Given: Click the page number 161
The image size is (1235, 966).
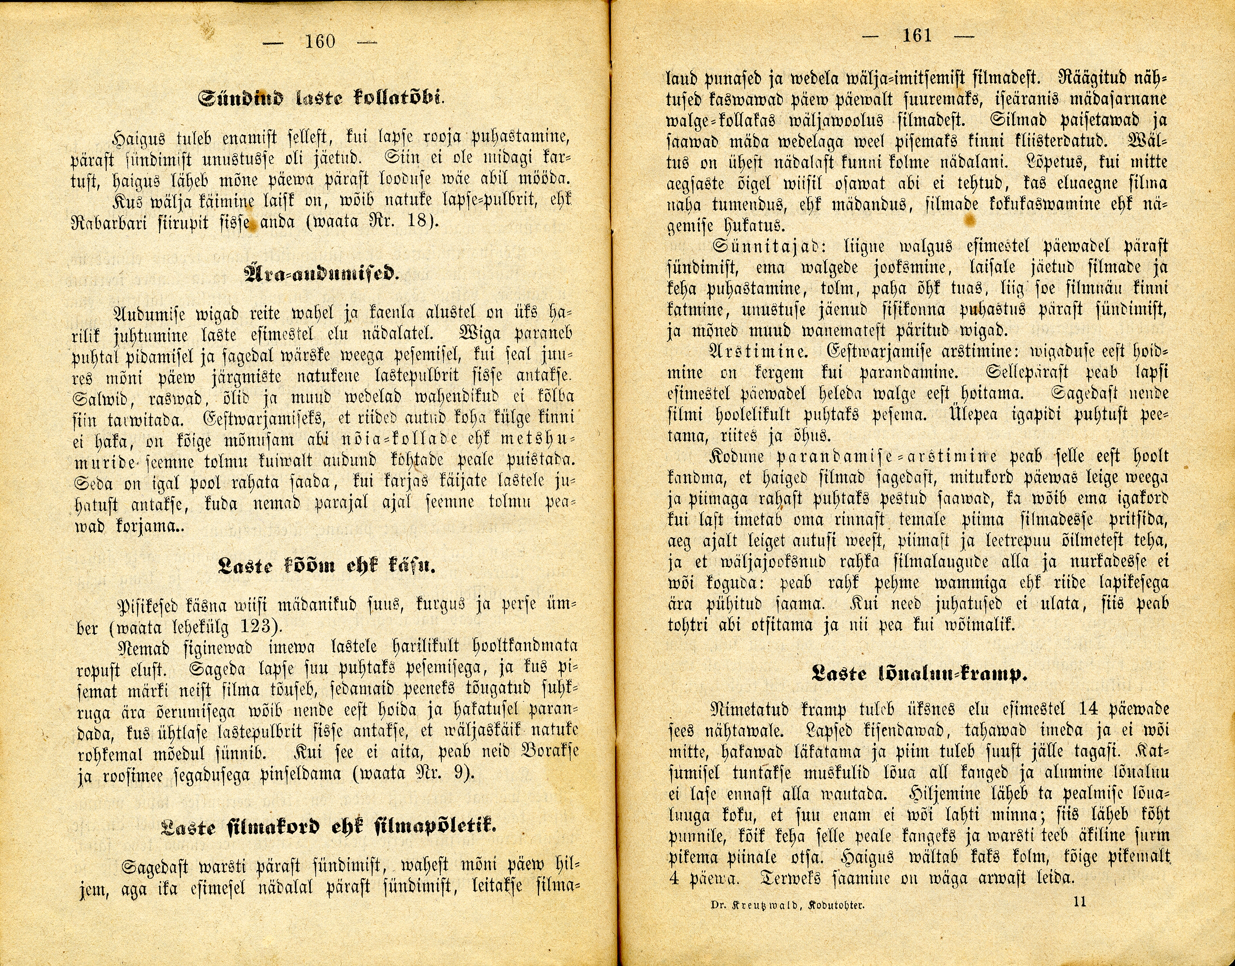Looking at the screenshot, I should click(917, 36).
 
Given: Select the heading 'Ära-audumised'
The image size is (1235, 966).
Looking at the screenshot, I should click(321, 274).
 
